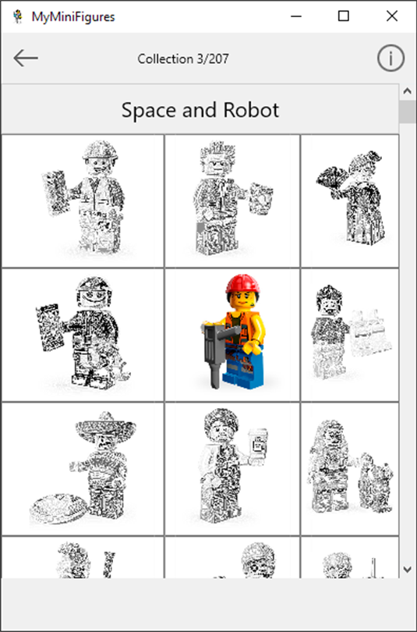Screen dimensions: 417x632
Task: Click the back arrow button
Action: pyautogui.click(x=26, y=58)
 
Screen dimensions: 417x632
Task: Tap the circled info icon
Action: pyautogui.click(x=390, y=58)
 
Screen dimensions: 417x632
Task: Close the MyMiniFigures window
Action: pyautogui.click(x=391, y=16)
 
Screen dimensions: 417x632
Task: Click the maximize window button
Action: pyautogui.click(x=343, y=16)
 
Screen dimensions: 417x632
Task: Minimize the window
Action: pyautogui.click(x=296, y=16)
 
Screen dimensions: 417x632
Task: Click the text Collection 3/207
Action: pyautogui.click(x=183, y=59)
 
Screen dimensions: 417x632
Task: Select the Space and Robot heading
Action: pyautogui.click(x=200, y=110)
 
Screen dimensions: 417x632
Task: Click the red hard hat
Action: pyautogui.click(x=242, y=284)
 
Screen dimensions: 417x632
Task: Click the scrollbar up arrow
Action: pyautogui.click(x=408, y=91)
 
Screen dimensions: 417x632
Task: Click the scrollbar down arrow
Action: pyautogui.click(x=408, y=569)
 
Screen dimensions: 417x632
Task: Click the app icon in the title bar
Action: pyautogui.click(x=17, y=16)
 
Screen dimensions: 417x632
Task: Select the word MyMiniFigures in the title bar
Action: pyautogui.click(x=73, y=17)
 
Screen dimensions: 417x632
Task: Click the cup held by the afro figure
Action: pyautogui.click(x=257, y=444)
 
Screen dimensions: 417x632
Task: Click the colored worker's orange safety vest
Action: pyautogui.click(x=240, y=327)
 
